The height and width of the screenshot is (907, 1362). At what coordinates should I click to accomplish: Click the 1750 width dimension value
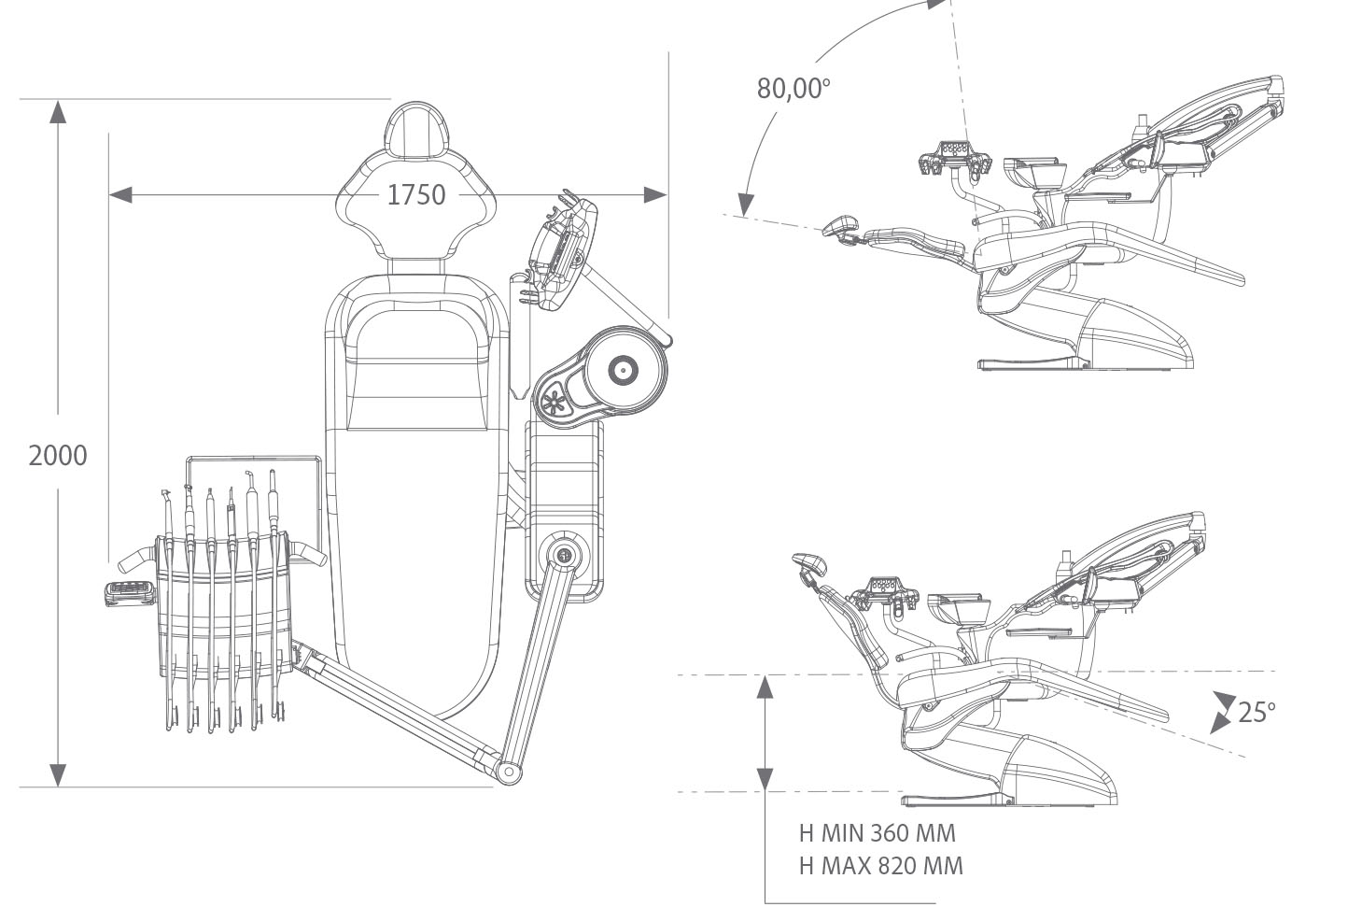point(415,194)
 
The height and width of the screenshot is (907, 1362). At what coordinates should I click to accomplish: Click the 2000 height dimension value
point(58,455)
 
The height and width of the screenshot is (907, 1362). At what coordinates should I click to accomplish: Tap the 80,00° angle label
point(793,88)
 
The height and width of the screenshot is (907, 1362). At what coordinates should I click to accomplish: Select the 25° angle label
point(1256,712)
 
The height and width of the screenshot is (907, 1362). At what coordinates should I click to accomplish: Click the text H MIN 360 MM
point(877,832)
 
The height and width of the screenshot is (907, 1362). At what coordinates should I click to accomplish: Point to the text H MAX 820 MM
point(880,866)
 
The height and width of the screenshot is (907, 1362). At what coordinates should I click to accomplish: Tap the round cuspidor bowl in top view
point(622,371)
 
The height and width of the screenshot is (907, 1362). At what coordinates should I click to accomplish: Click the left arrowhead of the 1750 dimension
point(119,194)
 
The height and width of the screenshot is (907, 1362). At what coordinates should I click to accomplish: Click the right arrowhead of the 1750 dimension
point(656,194)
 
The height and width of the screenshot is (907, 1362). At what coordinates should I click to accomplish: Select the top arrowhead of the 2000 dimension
point(58,111)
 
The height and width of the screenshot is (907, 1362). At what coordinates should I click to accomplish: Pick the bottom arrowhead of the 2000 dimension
point(58,774)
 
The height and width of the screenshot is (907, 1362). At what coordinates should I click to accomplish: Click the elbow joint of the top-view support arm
point(508,771)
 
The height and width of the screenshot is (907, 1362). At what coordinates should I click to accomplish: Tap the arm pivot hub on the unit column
point(564,554)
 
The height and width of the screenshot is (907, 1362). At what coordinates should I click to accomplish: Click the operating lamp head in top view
point(560,250)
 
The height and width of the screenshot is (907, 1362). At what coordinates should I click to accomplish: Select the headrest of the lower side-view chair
point(809,563)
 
